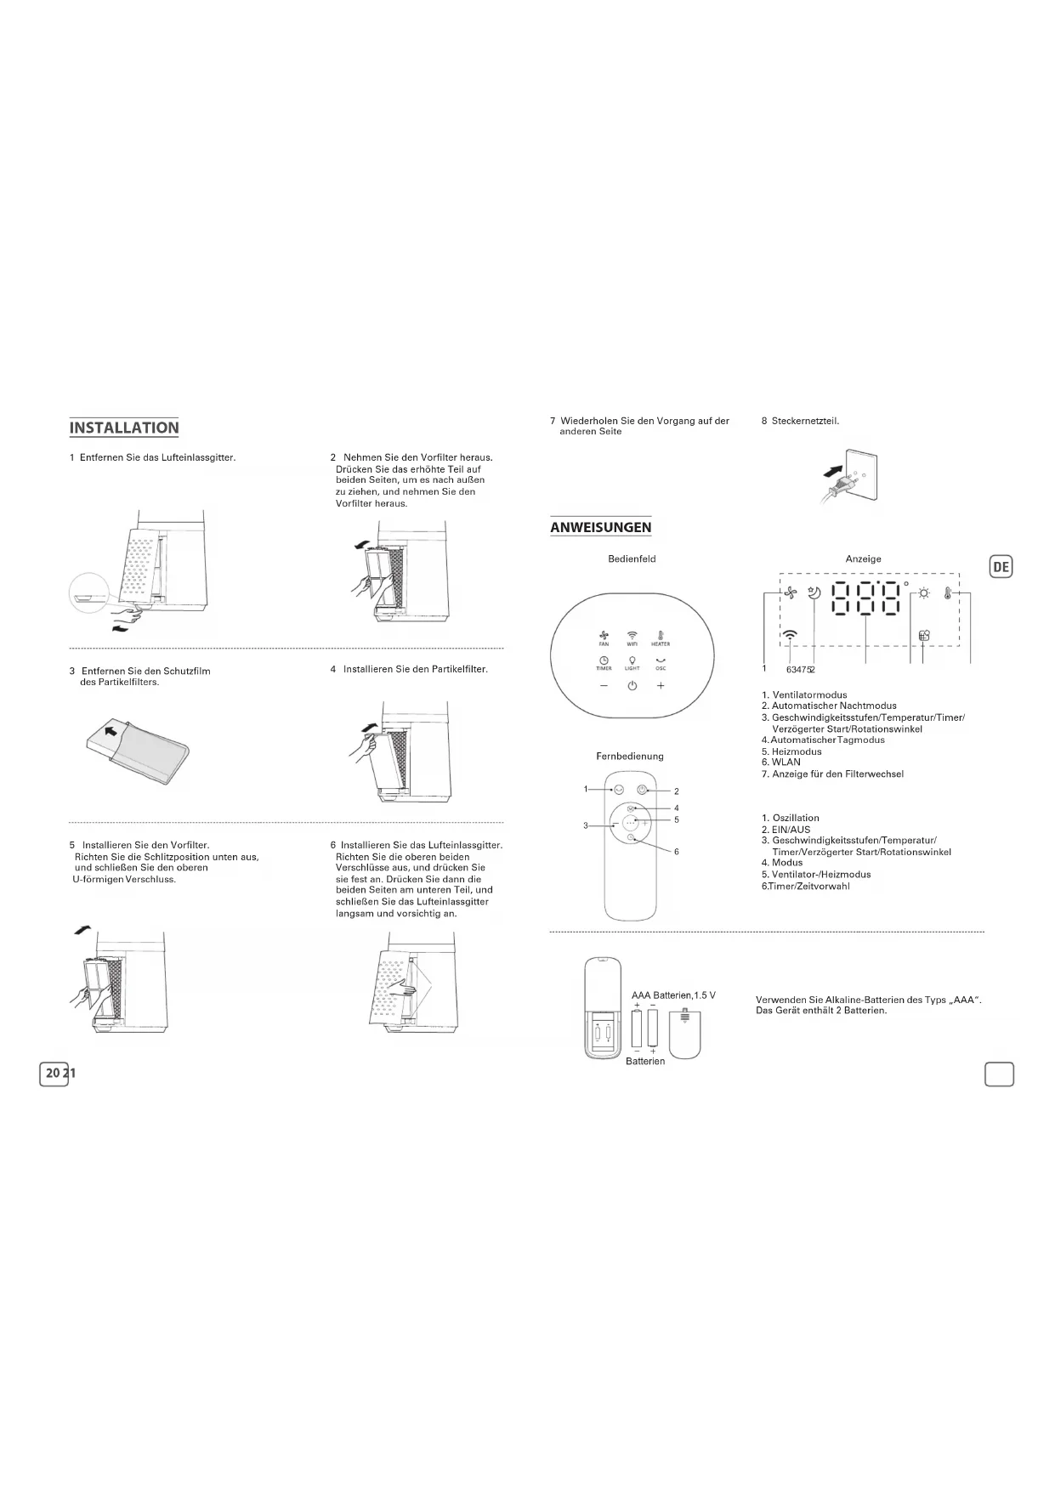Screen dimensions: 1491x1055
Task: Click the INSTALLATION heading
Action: coord(124,428)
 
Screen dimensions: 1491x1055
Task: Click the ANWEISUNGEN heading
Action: coord(600,527)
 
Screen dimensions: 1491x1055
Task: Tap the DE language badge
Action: coord(1001,567)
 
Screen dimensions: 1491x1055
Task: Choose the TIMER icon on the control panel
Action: coord(604,661)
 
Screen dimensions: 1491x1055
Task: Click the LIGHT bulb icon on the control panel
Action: coord(632,661)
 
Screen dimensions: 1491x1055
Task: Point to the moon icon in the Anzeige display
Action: coord(814,594)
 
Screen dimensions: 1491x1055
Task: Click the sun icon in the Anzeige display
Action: coord(923,594)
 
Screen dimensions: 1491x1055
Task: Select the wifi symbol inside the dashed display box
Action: coord(791,634)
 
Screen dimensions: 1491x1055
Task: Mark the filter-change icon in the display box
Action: coord(924,635)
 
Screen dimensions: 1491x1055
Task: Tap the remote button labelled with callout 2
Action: coord(643,790)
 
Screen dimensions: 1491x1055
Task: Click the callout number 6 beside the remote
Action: coord(677,852)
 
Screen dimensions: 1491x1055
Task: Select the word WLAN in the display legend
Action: coord(786,763)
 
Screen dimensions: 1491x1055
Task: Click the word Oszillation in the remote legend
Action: coord(796,818)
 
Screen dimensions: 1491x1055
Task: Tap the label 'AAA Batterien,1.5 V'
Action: coord(673,995)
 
